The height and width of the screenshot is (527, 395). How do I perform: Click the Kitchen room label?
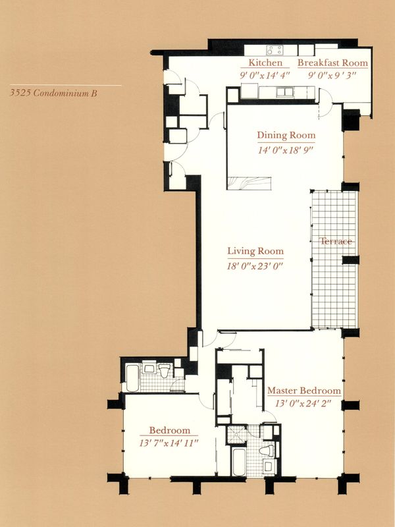click(x=265, y=63)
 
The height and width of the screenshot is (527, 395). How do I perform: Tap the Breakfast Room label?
click(x=332, y=63)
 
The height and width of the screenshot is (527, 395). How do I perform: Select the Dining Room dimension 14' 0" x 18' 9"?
click(x=286, y=150)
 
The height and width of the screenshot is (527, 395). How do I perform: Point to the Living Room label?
click(x=255, y=251)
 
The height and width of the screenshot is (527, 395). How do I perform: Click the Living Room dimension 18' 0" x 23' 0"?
click(x=255, y=266)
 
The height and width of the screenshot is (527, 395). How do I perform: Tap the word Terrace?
click(x=336, y=241)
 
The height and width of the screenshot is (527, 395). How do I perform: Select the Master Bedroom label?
click(x=304, y=391)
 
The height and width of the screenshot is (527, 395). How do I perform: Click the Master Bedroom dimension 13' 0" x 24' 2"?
click(x=303, y=404)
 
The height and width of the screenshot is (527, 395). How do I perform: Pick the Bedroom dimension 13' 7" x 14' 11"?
click(x=169, y=443)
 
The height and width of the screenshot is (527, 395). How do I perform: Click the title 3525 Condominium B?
click(x=54, y=93)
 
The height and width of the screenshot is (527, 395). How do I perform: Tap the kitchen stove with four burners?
click(x=275, y=50)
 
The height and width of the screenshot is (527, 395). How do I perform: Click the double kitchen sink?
click(x=284, y=92)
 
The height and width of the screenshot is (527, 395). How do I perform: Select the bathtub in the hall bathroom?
click(x=132, y=378)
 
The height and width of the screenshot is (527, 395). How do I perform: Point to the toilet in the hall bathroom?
click(x=165, y=370)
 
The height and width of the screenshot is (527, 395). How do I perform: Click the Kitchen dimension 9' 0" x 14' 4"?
click(x=265, y=75)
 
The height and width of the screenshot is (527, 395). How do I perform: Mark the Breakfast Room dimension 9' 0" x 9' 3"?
click(x=332, y=75)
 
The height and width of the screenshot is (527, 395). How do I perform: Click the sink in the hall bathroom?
click(x=149, y=368)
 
